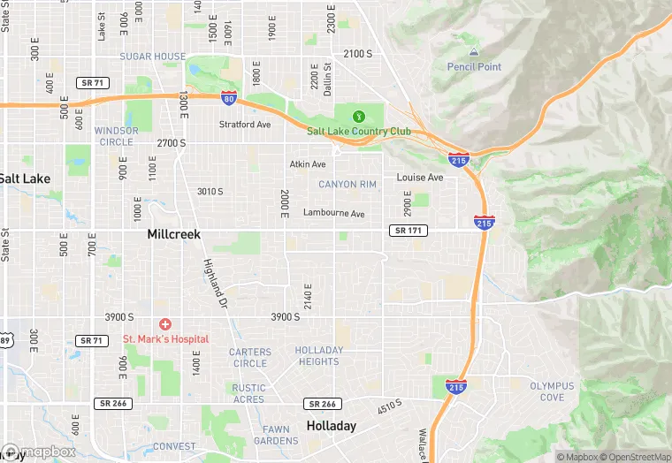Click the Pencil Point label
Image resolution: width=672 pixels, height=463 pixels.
tap(474, 67)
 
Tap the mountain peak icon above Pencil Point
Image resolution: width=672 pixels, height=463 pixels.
tap(474, 53)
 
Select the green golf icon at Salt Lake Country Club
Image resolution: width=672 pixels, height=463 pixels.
tap(359, 117)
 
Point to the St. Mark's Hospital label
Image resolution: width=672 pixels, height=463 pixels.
tap(165, 339)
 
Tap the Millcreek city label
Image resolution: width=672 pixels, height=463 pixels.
tap(173, 234)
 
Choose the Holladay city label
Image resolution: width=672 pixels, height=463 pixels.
tap(332, 426)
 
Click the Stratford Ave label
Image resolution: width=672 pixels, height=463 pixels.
tap(245, 125)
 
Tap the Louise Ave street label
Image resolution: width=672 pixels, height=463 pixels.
tap(420, 178)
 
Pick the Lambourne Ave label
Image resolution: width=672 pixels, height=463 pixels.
tap(334, 213)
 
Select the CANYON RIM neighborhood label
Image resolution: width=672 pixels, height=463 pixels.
tap(347, 185)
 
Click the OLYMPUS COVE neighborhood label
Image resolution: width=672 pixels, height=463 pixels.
tap(553, 391)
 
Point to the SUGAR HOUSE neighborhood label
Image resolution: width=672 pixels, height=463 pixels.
tap(153, 57)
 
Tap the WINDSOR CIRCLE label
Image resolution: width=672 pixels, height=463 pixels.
tap(117, 136)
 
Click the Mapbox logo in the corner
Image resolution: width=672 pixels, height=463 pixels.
tap(40, 452)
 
